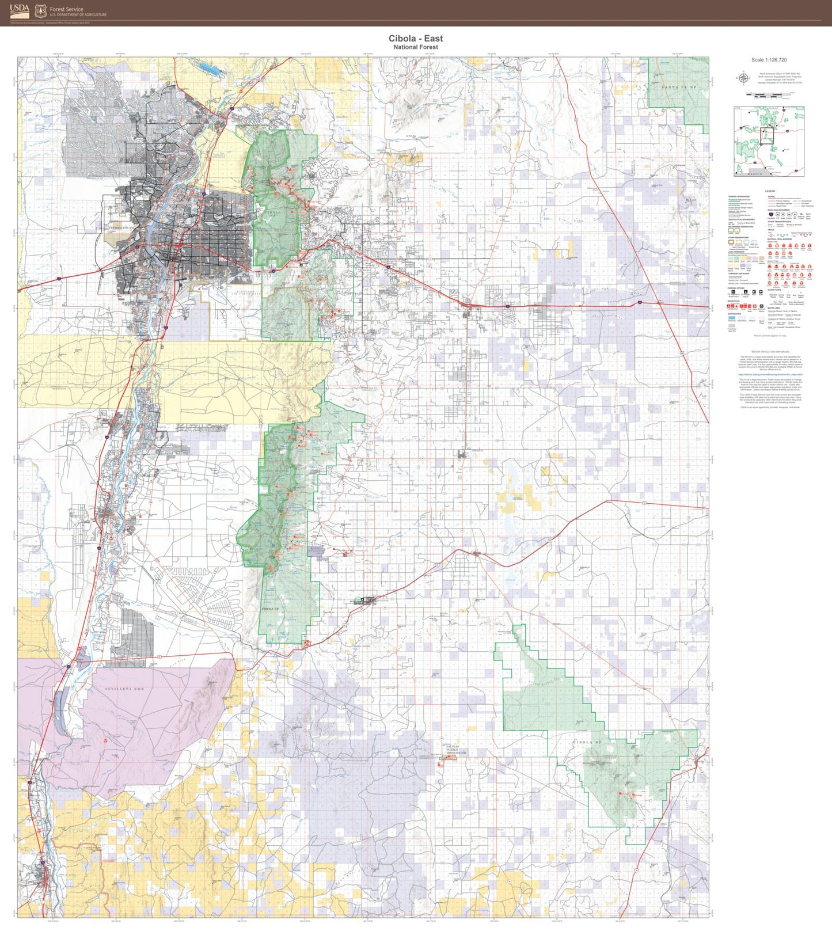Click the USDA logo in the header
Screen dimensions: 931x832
click(x=19, y=10)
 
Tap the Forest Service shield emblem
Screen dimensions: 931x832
click(x=40, y=10)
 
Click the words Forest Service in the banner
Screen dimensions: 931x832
click(x=66, y=9)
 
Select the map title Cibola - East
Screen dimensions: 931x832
click(x=416, y=39)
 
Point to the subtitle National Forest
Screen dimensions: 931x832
click(x=416, y=47)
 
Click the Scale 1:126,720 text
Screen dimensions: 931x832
click(x=769, y=60)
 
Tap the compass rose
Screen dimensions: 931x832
click(x=744, y=79)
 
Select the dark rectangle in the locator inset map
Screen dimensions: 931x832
click(x=768, y=136)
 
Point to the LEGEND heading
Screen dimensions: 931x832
click(x=770, y=191)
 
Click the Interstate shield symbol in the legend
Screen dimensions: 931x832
click(x=770, y=214)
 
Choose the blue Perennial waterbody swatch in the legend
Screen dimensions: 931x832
click(x=731, y=317)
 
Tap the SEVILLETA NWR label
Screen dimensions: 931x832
click(x=124, y=689)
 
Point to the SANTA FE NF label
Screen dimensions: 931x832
click(x=679, y=87)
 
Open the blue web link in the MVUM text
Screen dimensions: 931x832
click(x=770, y=374)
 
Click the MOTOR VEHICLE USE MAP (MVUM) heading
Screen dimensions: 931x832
click(x=770, y=351)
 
